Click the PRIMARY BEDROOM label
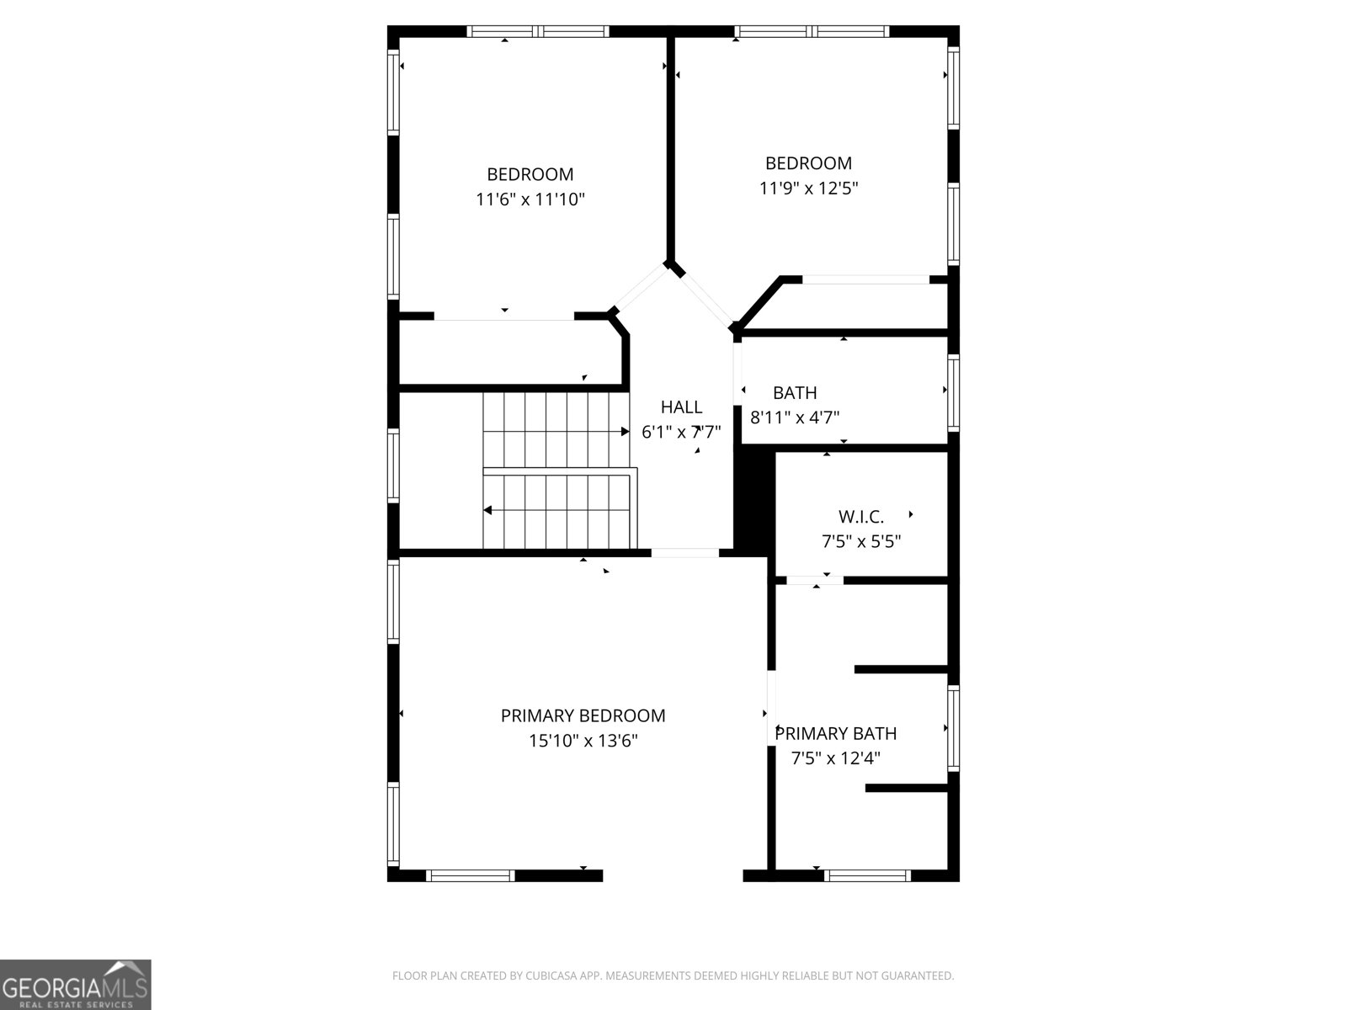point(583,715)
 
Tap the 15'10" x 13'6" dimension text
point(583,741)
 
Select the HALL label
point(681,407)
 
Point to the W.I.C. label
point(861,517)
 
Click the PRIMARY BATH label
point(836,733)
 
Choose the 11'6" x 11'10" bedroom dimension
point(530,199)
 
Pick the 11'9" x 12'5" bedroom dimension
point(808,189)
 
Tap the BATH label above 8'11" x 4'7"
point(795,392)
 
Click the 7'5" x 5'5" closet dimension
point(861,541)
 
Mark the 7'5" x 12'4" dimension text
point(836,758)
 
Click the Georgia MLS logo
point(76,984)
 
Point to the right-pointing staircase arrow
point(624,432)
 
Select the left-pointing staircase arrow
point(488,510)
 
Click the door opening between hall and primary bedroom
point(685,553)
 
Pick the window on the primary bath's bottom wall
point(867,875)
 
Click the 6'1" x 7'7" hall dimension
point(681,433)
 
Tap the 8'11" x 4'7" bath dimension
point(795,417)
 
